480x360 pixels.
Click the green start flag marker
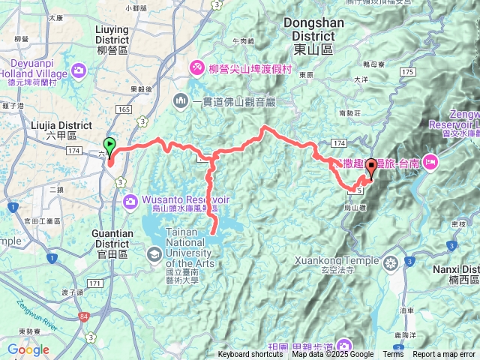pyautogui.click(x=109, y=145)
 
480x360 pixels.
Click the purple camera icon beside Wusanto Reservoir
pyautogui.click(x=130, y=201)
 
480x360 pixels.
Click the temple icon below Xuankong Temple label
pyautogui.click(x=391, y=263)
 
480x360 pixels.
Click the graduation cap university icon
pyautogui.click(x=154, y=256)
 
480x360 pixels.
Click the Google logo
pyautogui.click(x=28, y=349)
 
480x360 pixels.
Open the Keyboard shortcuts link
pyautogui.click(x=250, y=355)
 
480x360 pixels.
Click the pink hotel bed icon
pyautogui.click(x=430, y=160)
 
